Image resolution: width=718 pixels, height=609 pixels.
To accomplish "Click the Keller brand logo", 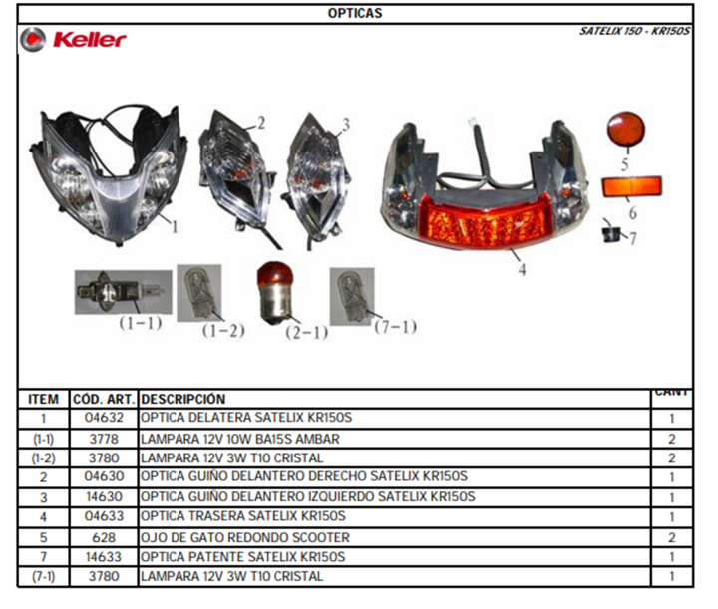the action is [x=73, y=39].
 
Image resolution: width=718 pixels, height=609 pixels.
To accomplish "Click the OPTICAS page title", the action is [x=355, y=13].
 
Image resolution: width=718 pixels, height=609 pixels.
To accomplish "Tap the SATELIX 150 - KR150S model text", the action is [x=634, y=31].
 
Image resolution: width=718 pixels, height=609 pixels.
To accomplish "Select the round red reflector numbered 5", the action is [x=626, y=129].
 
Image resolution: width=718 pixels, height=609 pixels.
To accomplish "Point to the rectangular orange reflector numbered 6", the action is [x=631, y=186].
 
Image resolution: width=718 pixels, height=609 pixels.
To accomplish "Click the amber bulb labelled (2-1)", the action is [x=275, y=293].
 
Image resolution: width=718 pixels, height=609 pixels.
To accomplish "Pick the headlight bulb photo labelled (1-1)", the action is [x=124, y=292].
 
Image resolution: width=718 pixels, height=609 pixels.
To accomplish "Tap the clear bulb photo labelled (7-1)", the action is [x=352, y=296].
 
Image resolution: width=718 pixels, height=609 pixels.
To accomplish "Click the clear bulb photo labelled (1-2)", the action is [x=199, y=293].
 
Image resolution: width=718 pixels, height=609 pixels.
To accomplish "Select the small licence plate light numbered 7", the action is [x=611, y=233].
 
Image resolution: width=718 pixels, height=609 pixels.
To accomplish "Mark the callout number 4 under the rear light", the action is [x=522, y=269].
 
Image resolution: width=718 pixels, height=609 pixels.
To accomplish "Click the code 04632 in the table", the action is [x=104, y=418].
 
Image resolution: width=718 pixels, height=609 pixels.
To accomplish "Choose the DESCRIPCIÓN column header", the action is [x=183, y=399].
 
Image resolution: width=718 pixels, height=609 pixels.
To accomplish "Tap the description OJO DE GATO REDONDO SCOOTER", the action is [x=245, y=537].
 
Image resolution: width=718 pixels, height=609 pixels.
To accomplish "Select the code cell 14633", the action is [x=104, y=557].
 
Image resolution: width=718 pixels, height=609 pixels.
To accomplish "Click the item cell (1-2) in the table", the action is [x=43, y=458].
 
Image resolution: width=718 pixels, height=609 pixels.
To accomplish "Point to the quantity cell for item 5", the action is [x=672, y=537].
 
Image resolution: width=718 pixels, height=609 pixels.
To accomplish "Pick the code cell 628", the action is [x=104, y=537].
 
